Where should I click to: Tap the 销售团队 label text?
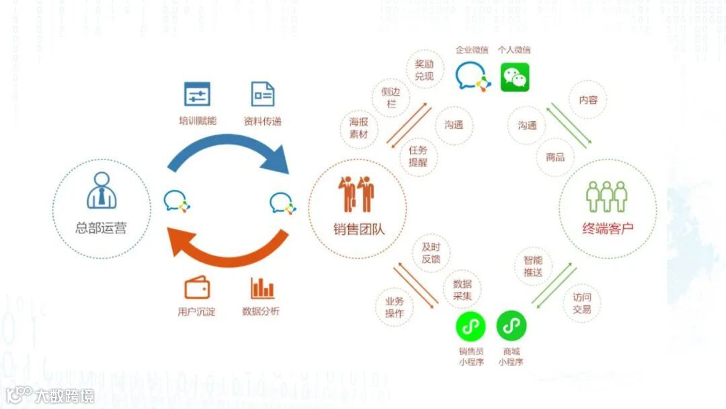pos(359,229)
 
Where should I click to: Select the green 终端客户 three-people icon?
pos(606,196)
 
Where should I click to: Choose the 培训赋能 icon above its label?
pos(197,94)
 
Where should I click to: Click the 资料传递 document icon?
pos(262,94)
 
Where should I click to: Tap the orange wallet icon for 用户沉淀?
pos(197,288)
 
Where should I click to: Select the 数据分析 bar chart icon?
pos(262,288)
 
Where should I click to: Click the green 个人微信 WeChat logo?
pos(515,77)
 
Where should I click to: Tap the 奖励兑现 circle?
pos(424,70)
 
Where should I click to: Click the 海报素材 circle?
pos(358,128)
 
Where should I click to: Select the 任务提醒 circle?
pos(417,156)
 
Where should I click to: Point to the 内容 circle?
pos(588,100)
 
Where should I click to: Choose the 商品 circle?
pos(555,157)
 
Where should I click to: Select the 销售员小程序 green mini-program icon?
pos(471,327)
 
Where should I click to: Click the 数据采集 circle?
pos(462,289)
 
